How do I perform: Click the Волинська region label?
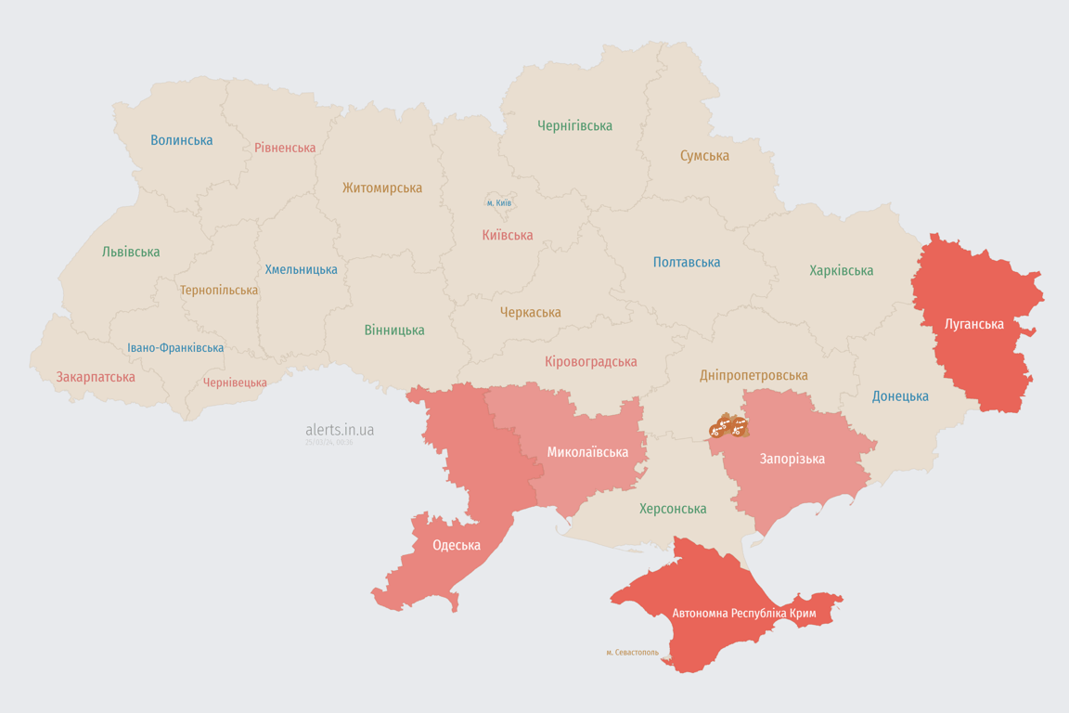click(x=182, y=140)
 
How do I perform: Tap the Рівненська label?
click(x=285, y=148)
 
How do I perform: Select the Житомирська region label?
click(x=381, y=188)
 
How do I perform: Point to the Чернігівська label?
click(x=574, y=125)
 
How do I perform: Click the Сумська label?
click(x=704, y=156)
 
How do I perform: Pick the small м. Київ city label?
click(x=499, y=202)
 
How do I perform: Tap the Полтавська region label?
click(x=687, y=262)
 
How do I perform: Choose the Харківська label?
click(x=841, y=270)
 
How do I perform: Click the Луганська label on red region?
click(x=973, y=324)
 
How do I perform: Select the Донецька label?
click(x=900, y=396)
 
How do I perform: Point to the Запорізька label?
click(x=792, y=459)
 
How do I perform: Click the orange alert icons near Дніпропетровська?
click(x=728, y=427)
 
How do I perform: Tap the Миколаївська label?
click(x=587, y=452)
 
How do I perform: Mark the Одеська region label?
click(x=457, y=545)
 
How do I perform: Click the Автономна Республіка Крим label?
click(x=742, y=614)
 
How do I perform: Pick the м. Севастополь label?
click(x=632, y=653)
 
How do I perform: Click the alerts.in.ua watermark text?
click(x=340, y=430)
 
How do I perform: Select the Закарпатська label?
click(x=96, y=377)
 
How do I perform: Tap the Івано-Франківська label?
click(x=175, y=348)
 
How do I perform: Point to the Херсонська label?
click(x=673, y=509)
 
